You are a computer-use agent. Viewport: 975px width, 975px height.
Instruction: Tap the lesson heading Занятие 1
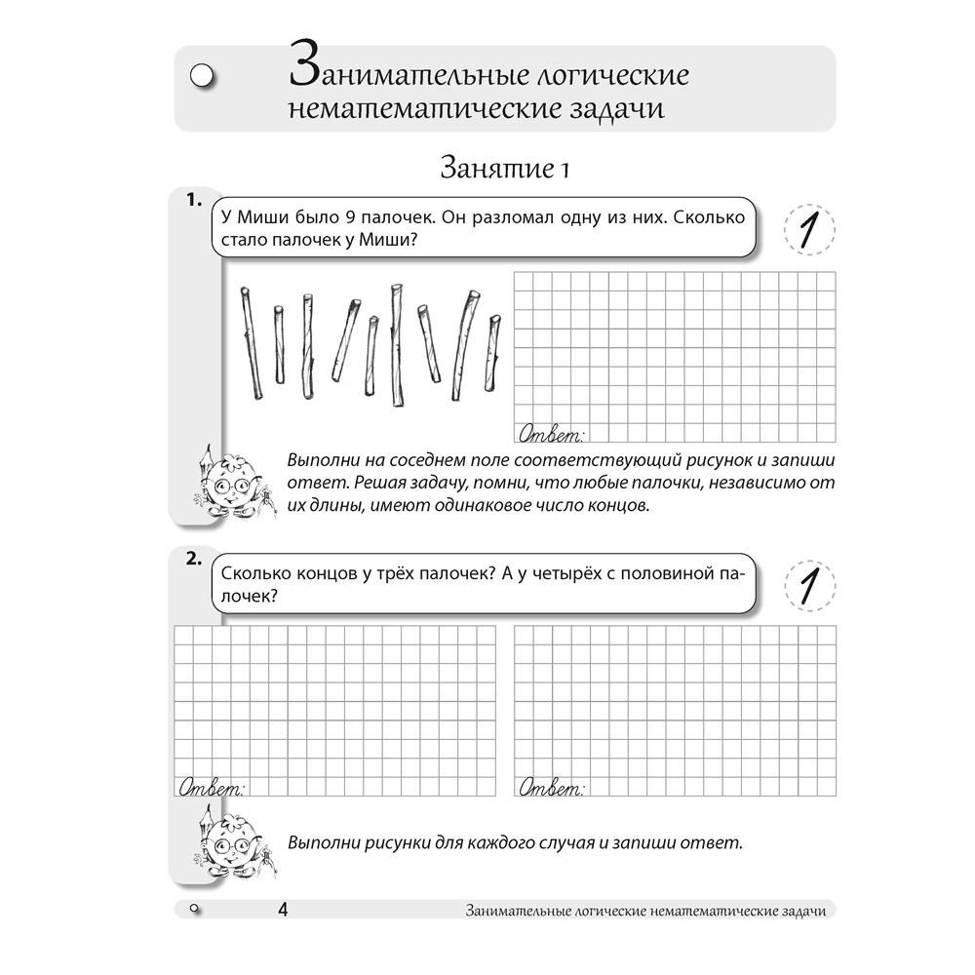click(x=504, y=168)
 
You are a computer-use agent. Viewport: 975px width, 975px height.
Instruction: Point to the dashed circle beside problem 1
click(x=808, y=231)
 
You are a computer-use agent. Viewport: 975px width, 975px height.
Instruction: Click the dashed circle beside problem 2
click(x=808, y=587)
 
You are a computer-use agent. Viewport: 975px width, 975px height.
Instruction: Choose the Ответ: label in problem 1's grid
click(x=552, y=432)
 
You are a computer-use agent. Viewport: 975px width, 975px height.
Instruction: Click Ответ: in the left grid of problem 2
click(x=212, y=787)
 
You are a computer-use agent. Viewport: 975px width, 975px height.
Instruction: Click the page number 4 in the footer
click(x=282, y=910)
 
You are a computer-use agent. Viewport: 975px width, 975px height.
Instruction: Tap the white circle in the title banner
click(x=203, y=77)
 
